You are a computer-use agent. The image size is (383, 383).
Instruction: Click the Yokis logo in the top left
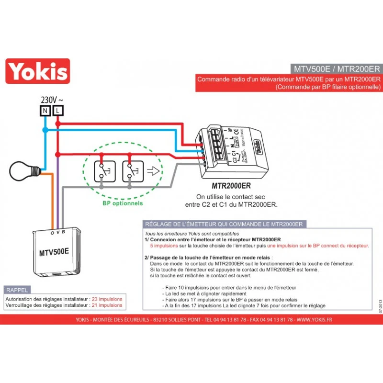tap(38, 71)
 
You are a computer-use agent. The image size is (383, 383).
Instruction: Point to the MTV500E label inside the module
tap(54, 251)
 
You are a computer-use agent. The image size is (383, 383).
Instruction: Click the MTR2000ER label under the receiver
tap(231, 186)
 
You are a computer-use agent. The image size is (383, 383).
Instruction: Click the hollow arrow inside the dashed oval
tap(153, 171)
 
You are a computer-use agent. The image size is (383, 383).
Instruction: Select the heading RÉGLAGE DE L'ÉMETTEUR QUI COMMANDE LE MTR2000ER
tap(223, 224)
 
